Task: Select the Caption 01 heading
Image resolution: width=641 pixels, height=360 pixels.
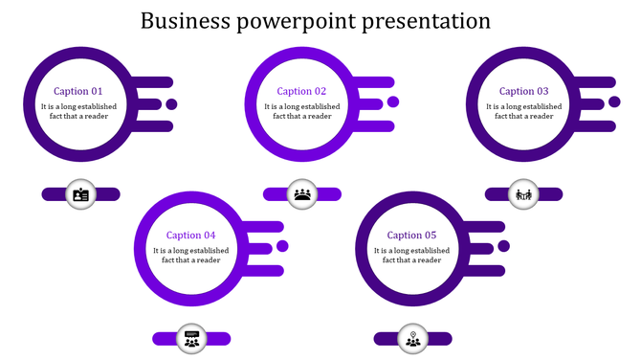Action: (78, 92)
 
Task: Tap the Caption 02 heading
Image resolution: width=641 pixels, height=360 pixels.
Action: (301, 92)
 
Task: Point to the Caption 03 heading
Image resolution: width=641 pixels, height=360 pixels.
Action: (524, 92)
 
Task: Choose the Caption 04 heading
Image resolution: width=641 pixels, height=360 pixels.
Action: (190, 236)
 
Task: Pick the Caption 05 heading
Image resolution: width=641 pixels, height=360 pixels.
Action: (412, 236)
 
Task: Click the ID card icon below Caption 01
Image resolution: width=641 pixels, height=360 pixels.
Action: (80, 194)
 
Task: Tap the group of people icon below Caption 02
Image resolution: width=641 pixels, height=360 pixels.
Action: (303, 194)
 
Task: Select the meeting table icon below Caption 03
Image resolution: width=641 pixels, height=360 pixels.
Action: (523, 194)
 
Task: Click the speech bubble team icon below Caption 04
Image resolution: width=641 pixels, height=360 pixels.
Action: (191, 338)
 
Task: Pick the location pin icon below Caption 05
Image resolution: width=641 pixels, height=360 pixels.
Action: (412, 338)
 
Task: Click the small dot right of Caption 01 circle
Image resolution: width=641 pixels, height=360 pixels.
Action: (171, 104)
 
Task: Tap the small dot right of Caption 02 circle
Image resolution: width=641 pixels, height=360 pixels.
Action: (393, 102)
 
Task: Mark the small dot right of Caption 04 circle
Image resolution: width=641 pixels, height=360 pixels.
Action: (282, 246)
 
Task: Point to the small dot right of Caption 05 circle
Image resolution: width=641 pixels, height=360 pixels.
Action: (504, 246)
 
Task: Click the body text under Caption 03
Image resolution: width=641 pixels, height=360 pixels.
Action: (524, 111)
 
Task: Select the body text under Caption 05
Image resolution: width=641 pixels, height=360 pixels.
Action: (412, 255)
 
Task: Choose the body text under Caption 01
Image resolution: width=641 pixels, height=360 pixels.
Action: (78, 111)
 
